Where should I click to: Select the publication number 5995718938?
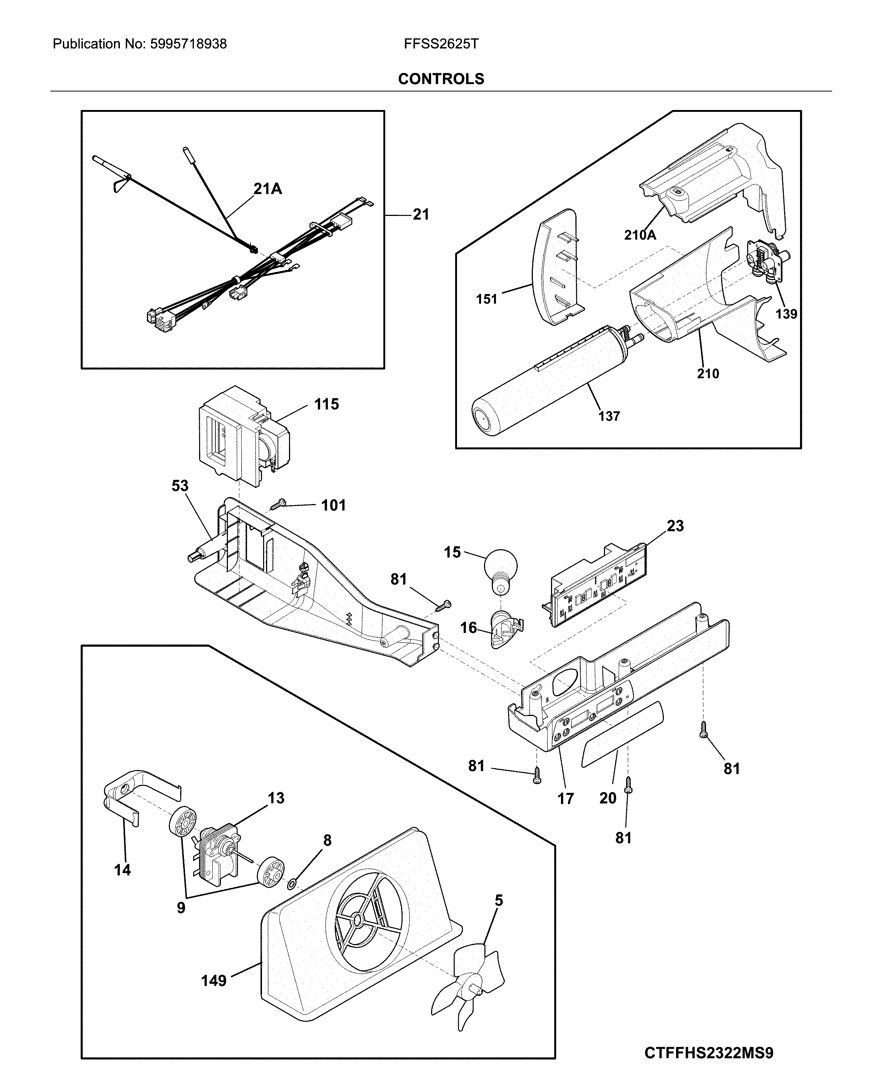tap(188, 44)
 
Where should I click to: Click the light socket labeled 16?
tap(504, 630)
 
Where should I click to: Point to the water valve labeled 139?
tap(767, 260)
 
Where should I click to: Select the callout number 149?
tap(213, 981)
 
